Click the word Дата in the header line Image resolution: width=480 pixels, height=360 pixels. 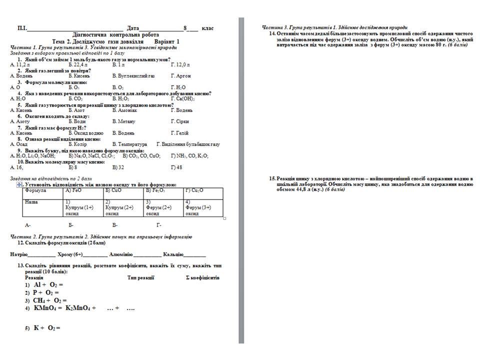(132, 28)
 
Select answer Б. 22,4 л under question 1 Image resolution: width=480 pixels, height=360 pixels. (78, 65)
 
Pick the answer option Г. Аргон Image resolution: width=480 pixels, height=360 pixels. (181, 76)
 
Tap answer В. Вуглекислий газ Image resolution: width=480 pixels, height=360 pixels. (133, 76)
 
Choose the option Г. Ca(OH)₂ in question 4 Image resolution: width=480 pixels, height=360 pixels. (182, 98)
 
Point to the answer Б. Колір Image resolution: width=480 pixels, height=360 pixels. (78, 144)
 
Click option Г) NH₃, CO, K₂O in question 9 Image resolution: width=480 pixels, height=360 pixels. (189, 156)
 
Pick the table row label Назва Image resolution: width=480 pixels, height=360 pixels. (32, 201)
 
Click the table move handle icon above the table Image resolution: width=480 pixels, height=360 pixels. (19, 184)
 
